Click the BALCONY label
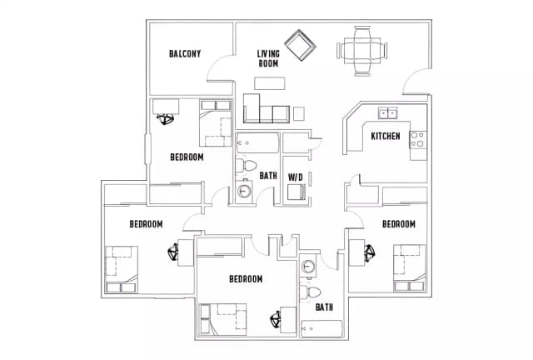185,54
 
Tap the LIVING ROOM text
267,58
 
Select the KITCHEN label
386,136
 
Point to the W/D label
295,177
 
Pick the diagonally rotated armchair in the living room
298,46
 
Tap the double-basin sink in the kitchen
387,113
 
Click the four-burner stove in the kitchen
417,139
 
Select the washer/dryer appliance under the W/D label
296,193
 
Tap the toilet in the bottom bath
313,292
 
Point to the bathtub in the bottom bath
321,327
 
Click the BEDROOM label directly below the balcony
187,157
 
